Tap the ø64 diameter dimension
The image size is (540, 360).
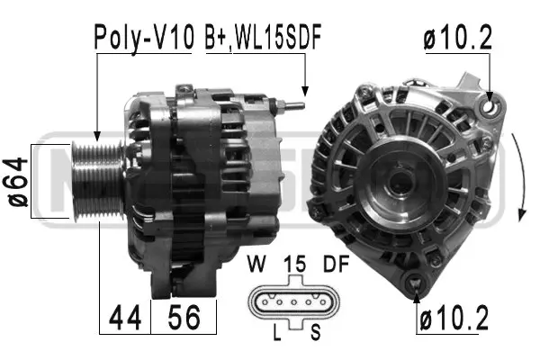point(20,181)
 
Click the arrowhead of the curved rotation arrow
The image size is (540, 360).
point(523,217)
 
